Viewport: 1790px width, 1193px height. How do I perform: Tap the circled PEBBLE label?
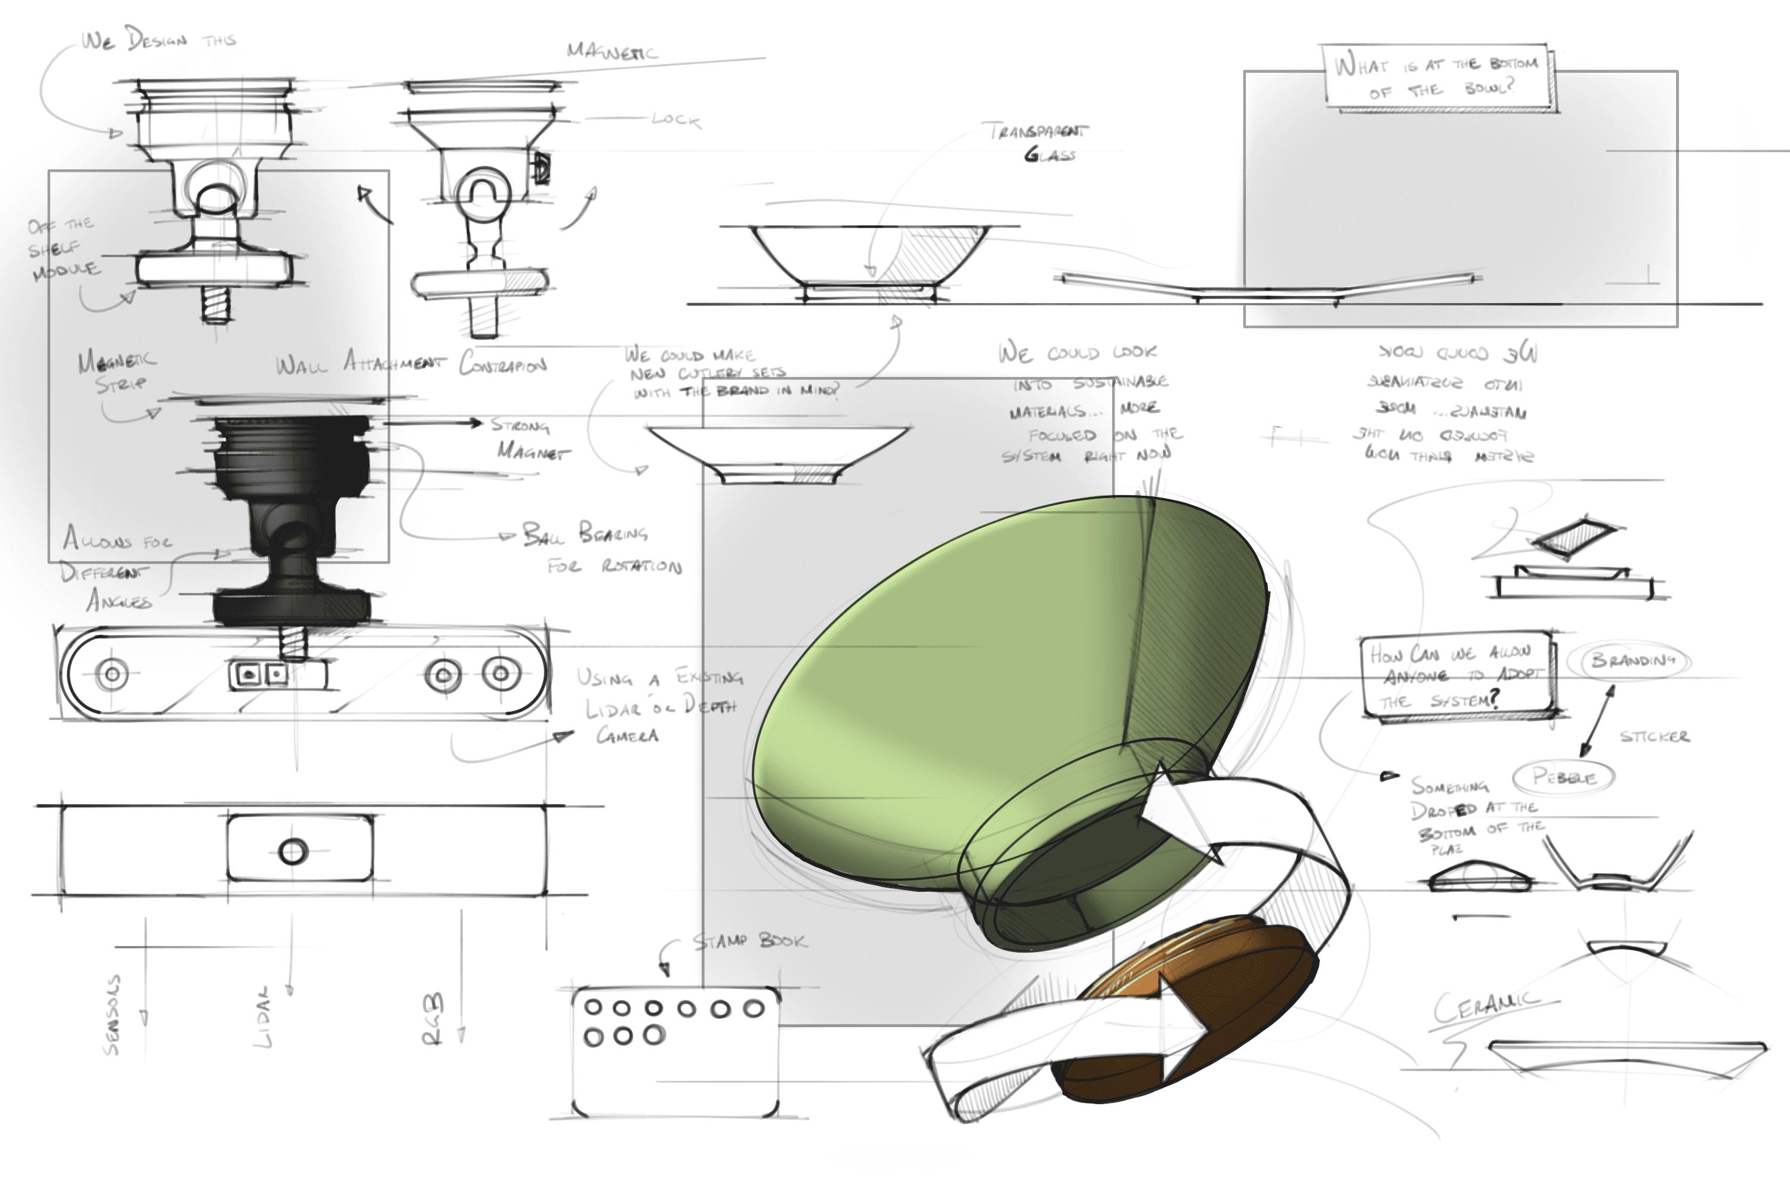click(x=1564, y=777)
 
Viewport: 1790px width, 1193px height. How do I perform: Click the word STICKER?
click(x=1654, y=737)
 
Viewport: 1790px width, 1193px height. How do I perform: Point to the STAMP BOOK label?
click(x=749, y=942)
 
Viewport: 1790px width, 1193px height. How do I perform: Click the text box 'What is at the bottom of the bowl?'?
click(x=1436, y=76)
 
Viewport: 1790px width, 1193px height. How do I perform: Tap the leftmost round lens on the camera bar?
click(x=113, y=674)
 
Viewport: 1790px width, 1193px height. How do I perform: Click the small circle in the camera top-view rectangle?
click(x=293, y=851)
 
